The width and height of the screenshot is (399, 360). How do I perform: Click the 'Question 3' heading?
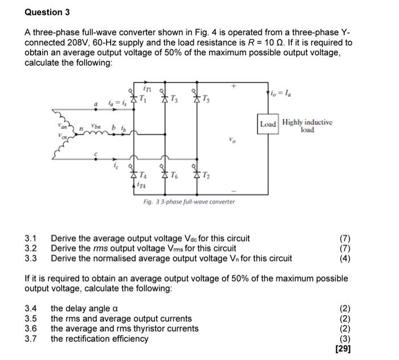[x=43, y=12]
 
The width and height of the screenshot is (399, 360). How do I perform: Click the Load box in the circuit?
[x=268, y=124]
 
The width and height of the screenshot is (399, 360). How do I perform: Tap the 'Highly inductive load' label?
[x=307, y=125]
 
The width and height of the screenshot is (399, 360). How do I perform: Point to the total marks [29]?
[x=343, y=349]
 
